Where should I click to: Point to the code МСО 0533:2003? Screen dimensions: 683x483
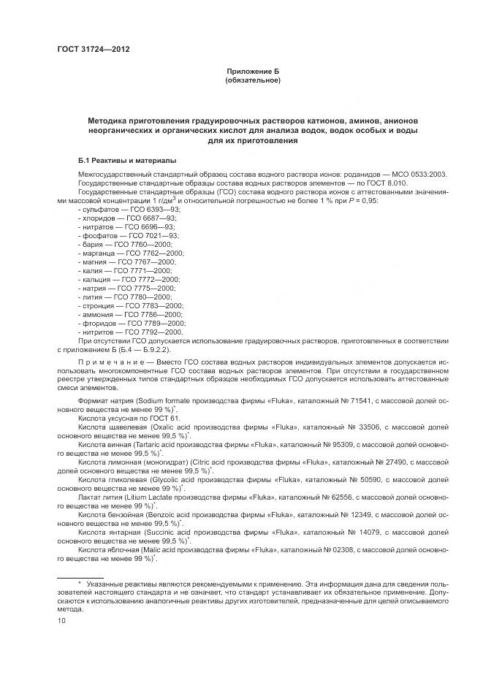420,174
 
